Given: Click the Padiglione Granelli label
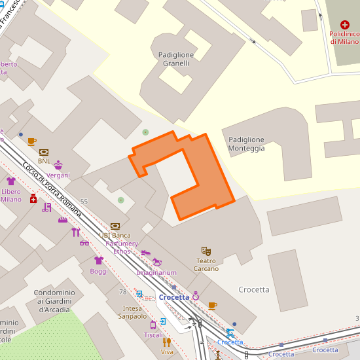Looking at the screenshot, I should [x=173, y=59].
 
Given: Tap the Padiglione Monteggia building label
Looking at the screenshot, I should [x=247, y=144].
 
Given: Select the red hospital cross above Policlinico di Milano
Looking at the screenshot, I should [x=345, y=24].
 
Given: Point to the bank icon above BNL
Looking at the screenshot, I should [x=44, y=152].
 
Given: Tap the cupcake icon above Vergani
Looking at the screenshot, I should [x=58, y=165].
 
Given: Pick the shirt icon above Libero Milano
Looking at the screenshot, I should [x=11, y=181].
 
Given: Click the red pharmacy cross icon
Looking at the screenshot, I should [x=33, y=198].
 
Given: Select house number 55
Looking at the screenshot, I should [x=84, y=201].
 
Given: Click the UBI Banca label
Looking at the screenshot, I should [x=115, y=235].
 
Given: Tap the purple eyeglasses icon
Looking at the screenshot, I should [x=84, y=243].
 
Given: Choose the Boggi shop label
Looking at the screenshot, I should [x=99, y=271].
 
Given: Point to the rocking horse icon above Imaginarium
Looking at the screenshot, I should [x=157, y=262].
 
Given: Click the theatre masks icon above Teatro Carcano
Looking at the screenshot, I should [x=206, y=251].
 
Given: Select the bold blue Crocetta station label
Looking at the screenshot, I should [x=173, y=297].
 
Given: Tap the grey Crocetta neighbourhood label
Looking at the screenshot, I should [x=254, y=289].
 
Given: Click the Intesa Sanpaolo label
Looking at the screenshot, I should [x=132, y=312].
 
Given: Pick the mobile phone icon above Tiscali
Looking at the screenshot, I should [x=153, y=324].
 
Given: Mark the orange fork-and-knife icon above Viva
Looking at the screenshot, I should [x=167, y=341].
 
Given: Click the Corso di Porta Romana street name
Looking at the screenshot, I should [x=52, y=190].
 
